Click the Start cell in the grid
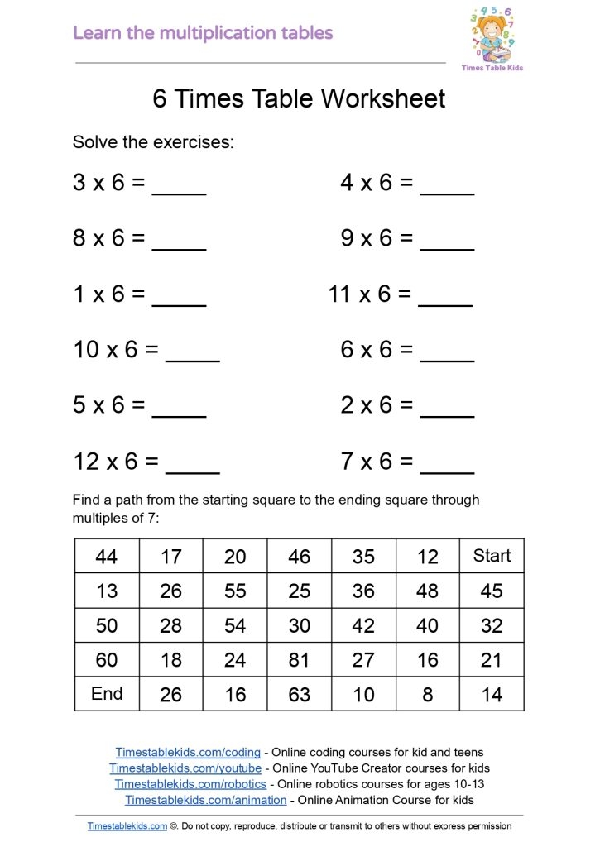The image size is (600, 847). pyautogui.click(x=492, y=556)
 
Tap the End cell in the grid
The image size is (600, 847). pyautogui.click(x=107, y=694)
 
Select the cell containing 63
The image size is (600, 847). pyautogui.click(x=299, y=695)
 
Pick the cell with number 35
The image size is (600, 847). pyautogui.click(x=363, y=557)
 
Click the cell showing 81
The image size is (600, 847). pyautogui.click(x=299, y=660)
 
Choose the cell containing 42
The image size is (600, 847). pyautogui.click(x=363, y=625)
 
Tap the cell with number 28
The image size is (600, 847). pyautogui.click(x=170, y=625)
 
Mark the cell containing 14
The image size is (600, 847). pyautogui.click(x=492, y=695)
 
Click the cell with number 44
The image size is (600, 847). pyautogui.click(x=107, y=557)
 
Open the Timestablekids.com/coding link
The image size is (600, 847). pyautogui.click(x=188, y=753)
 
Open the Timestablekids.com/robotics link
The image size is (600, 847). pyautogui.click(x=190, y=784)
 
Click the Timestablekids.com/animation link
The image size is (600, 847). pyautogui.click(x=206, y=800)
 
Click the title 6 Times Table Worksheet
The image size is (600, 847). pyautogui.click(x=299, y=98)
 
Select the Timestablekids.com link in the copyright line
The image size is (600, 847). pyautogui.click(x=127, y=825)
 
